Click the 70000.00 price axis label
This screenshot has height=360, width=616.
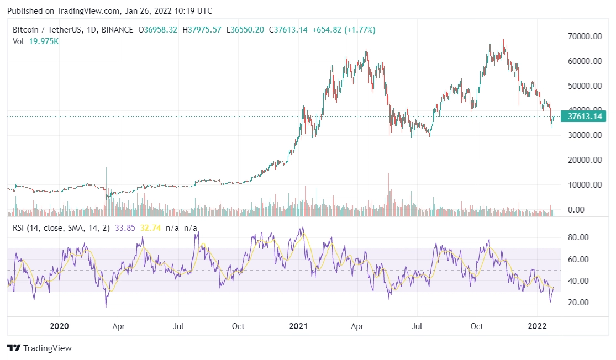pyautogui.click(x=585, y=36)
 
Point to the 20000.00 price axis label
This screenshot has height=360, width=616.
pyautogui.click(x=585, y=160)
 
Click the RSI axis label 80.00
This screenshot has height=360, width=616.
pyautogui.click(x=579, y=237)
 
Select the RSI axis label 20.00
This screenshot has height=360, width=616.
pyautogui.click(x=579, y=303)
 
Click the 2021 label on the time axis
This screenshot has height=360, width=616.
pyautogui.click(x=299, y=326)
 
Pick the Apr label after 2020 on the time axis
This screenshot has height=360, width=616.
pyautogui.click(x=119, y=326)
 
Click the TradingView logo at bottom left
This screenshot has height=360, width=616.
pyautogui.click(x=39, y=348)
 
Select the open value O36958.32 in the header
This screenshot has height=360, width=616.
pyautogui.click(x=157, y=30)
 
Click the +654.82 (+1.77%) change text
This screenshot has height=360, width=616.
pyautogui.click(x=344, y=30)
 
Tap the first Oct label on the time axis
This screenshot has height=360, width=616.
pyautogui.click(x=239, y=326)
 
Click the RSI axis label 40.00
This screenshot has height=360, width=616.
pyautogui.click(x=579, y=281)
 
